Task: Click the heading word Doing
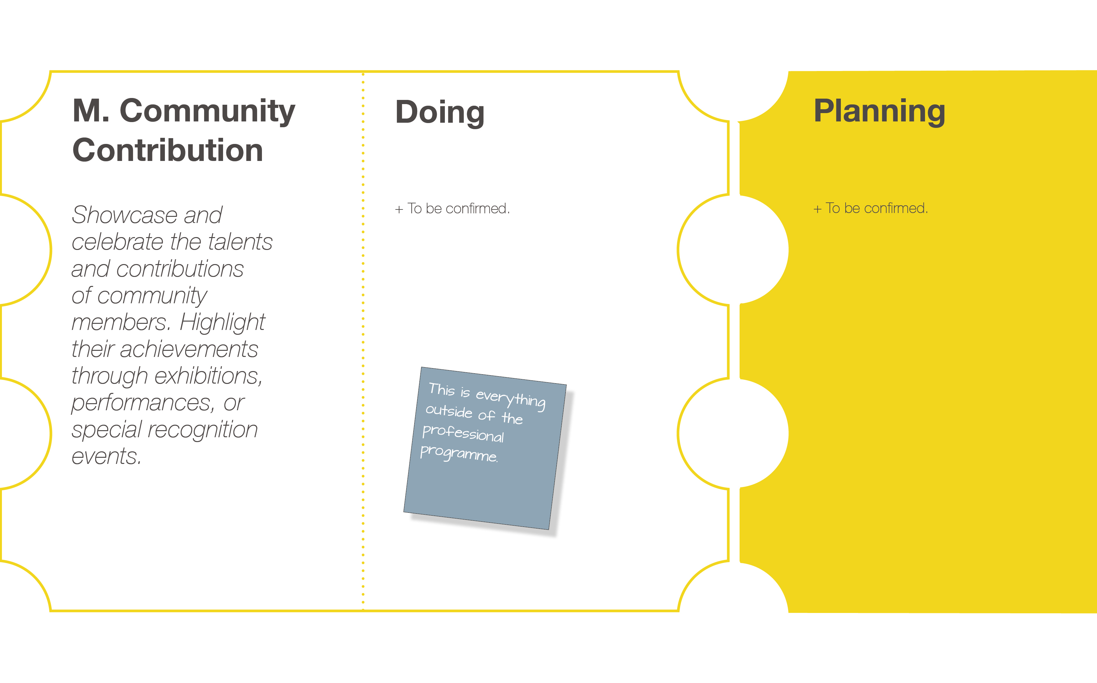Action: coord(440,112)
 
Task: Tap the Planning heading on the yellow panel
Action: coord(879,111)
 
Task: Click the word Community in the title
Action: coord(207,111)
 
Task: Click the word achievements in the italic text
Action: coord(189,349)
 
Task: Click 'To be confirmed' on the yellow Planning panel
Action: coord(877,208)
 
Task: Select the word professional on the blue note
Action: coord(463,433)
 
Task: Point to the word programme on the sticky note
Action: coord(459,453)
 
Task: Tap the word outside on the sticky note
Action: coord(449,411)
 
